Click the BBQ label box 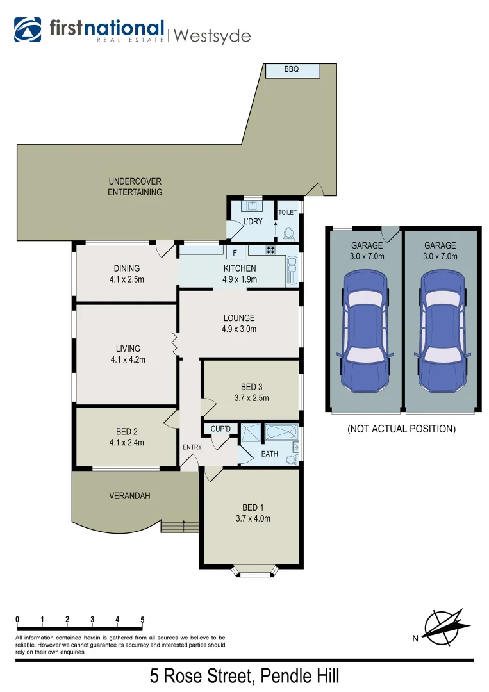tap(292, 70)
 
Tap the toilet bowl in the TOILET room tap(288, 234)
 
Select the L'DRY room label tap(253, 222)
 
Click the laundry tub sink tap(253, 207)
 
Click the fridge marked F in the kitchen tap(235, 252)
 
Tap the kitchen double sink tap(292, 270)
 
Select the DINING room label tap(127, 268)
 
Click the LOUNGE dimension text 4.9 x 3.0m tap(239, 329)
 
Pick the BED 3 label tap(251, 386)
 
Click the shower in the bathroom tap(251, 432)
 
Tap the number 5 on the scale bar tap(142, 620)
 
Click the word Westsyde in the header tap(211, 35)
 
